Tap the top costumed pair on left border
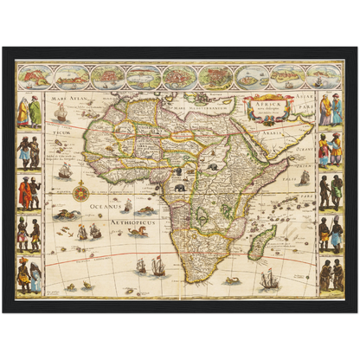(x=29, y=110)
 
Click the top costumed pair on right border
(x=330, y=110)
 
